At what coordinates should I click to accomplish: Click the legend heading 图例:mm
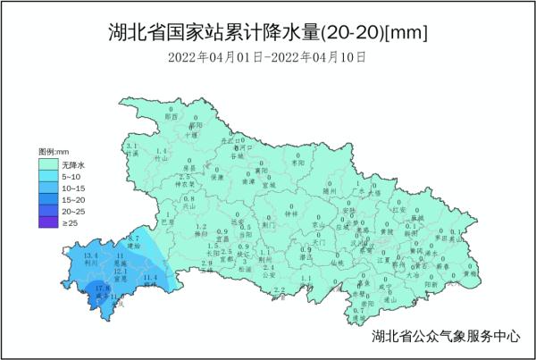click(54, 154)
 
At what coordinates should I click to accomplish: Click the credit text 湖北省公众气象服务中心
click(445, 338)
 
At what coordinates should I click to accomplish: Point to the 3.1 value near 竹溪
click(130, 146)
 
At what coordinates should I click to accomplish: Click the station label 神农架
click(185, 183)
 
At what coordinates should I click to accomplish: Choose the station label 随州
click(330, 190)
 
